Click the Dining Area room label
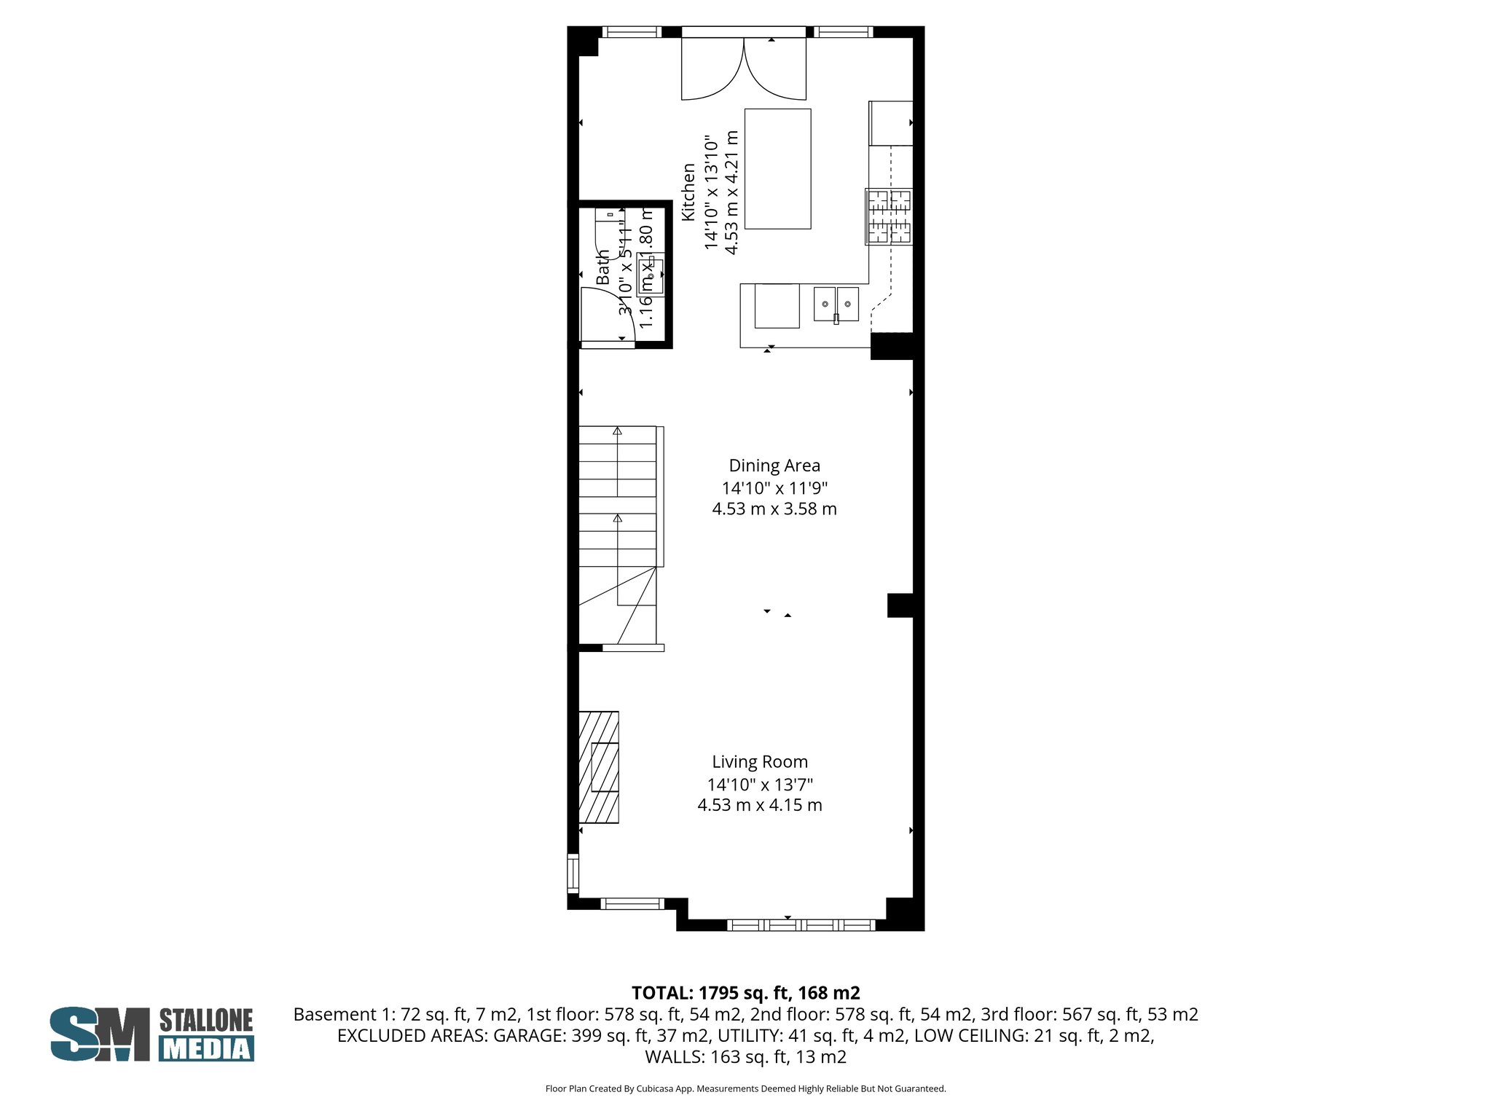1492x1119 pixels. click(774, 466)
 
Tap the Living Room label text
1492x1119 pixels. click(760, 762)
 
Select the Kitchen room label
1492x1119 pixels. click(688, 192)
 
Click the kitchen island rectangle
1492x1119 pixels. click(777, 168)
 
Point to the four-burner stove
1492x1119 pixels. click(889, 216)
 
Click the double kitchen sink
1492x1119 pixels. click(836, 304)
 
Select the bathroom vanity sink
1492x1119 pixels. click(650, 275)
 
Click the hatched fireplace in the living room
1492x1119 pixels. click(599, 767)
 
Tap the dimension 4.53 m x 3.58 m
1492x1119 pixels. click(774, 509)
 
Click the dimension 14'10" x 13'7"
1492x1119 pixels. click(760, 785)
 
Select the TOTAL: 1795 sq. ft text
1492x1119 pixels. click(745, 993)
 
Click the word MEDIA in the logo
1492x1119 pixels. click(206, 1049)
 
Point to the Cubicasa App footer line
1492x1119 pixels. click(745, 1089)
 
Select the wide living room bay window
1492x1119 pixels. click(801, 924)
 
